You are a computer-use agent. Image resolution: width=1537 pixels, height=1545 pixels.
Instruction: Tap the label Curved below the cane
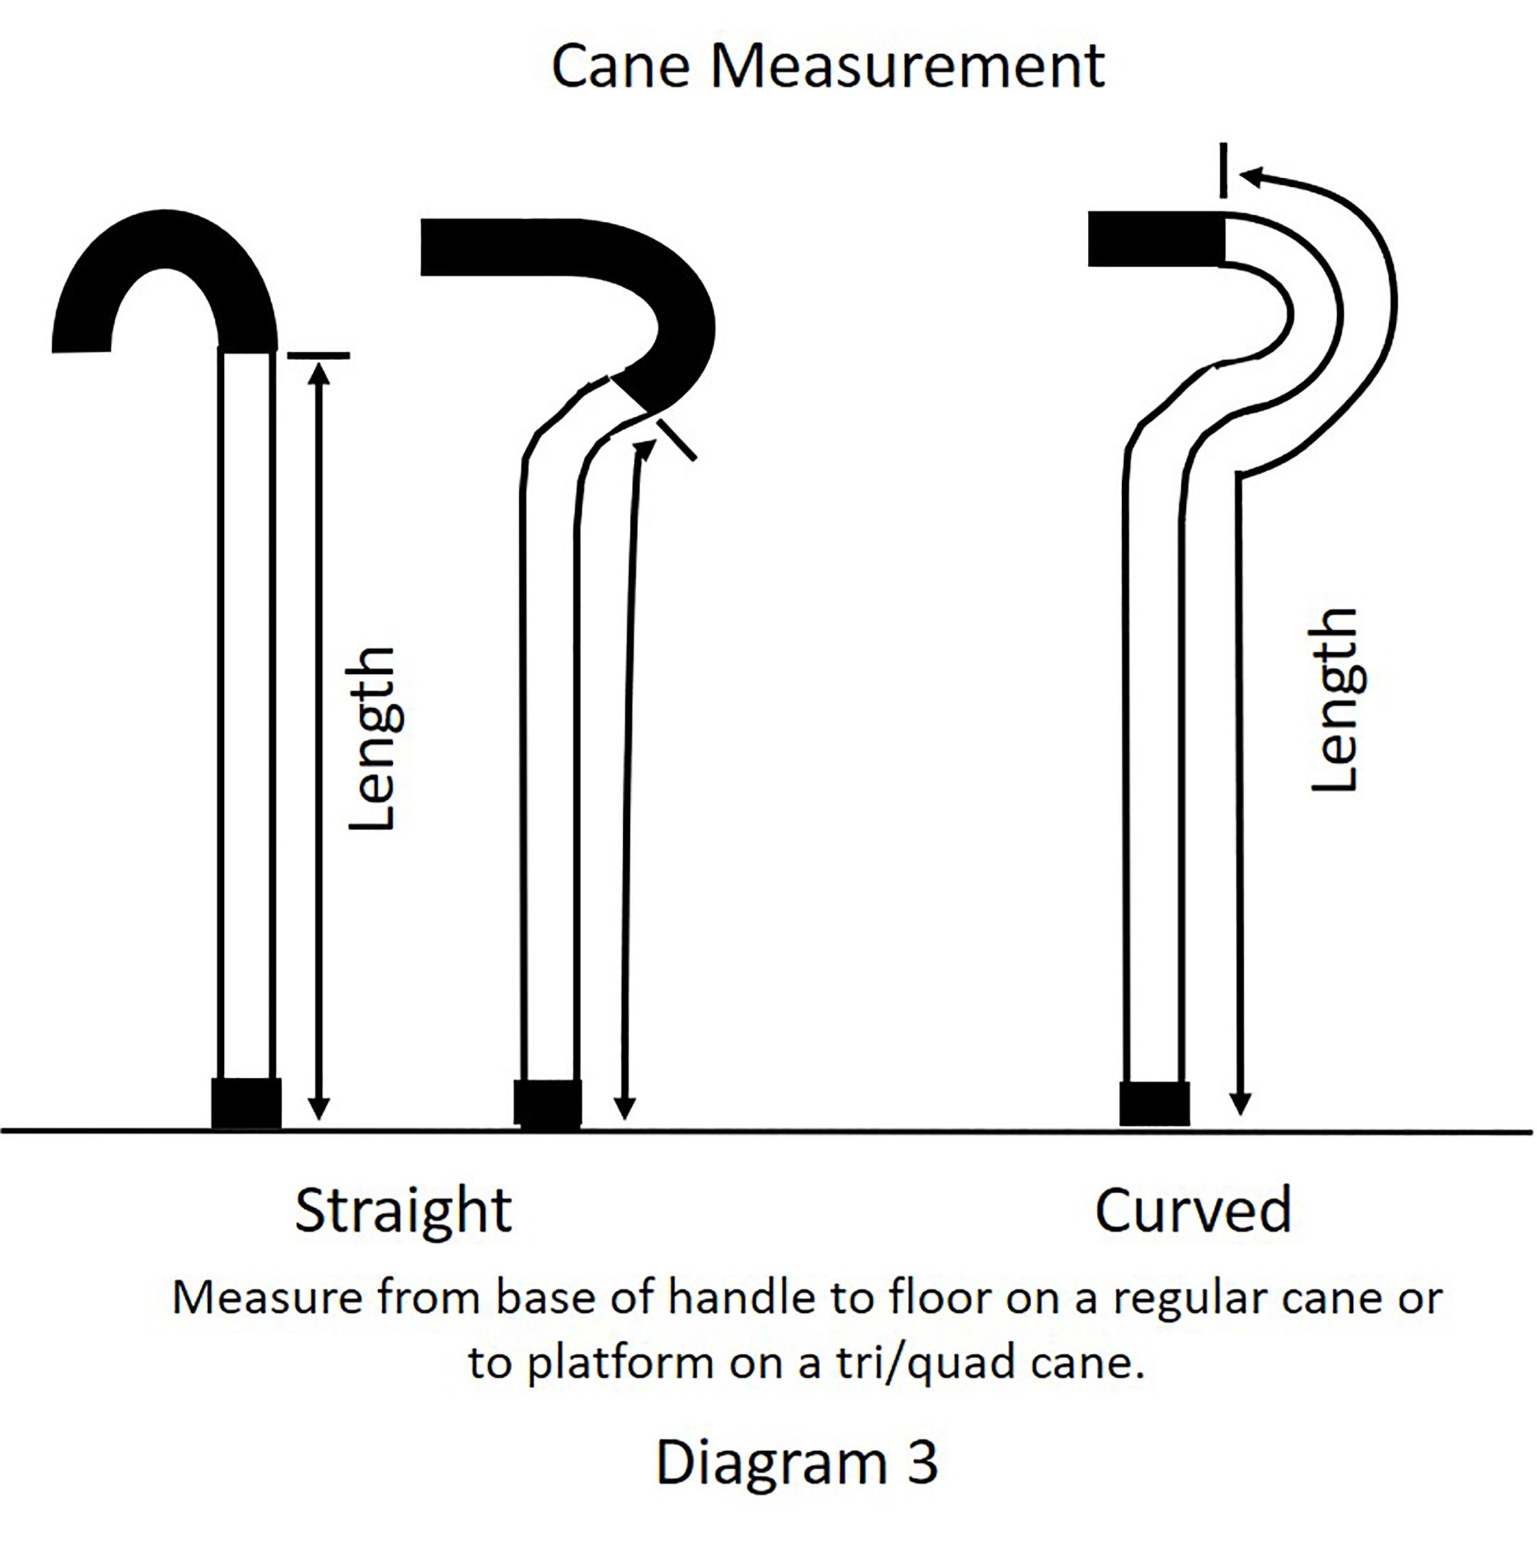[1193, 1210]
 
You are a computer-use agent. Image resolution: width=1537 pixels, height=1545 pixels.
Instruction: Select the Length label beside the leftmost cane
[373, 738]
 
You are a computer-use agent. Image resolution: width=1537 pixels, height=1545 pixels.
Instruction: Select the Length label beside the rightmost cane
[1336, 700]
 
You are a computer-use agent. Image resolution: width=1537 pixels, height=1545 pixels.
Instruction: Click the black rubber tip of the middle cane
[547, 1104]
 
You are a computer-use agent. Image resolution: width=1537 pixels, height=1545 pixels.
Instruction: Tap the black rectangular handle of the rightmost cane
[1156, 238]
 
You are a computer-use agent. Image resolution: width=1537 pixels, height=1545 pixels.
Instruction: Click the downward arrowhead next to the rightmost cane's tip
[1239, 1105]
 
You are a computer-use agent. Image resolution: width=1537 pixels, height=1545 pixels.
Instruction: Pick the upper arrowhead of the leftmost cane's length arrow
[318, 375]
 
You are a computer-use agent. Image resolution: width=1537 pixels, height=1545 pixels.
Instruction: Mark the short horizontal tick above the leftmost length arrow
[318, 354]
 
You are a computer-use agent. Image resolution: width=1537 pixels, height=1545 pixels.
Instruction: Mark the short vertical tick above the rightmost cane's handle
[1223, 170]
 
